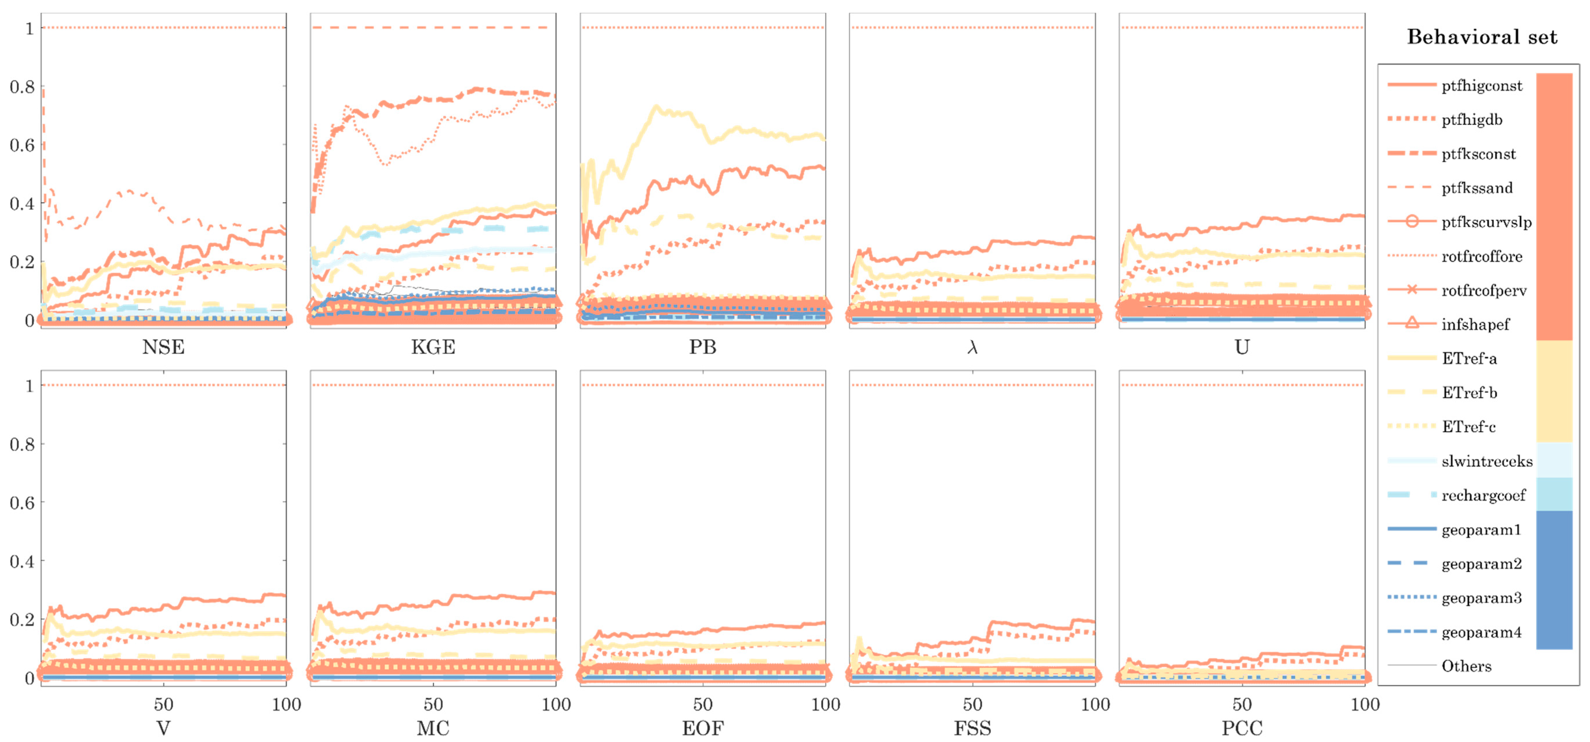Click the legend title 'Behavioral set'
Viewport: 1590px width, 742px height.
[1481, 37]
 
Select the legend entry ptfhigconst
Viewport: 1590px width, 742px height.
[1481, 86]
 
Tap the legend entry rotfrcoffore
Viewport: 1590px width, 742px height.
[1481, 256]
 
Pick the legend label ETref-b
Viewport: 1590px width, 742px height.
[1469, 393]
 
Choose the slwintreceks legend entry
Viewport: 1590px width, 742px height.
[1486, 461]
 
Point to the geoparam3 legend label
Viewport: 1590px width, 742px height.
[1481, 598]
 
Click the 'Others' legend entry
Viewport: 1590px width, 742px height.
[1466, 666]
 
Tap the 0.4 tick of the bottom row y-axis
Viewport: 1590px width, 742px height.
[22, 561]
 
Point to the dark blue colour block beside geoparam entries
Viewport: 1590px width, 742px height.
[1553, 580]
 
